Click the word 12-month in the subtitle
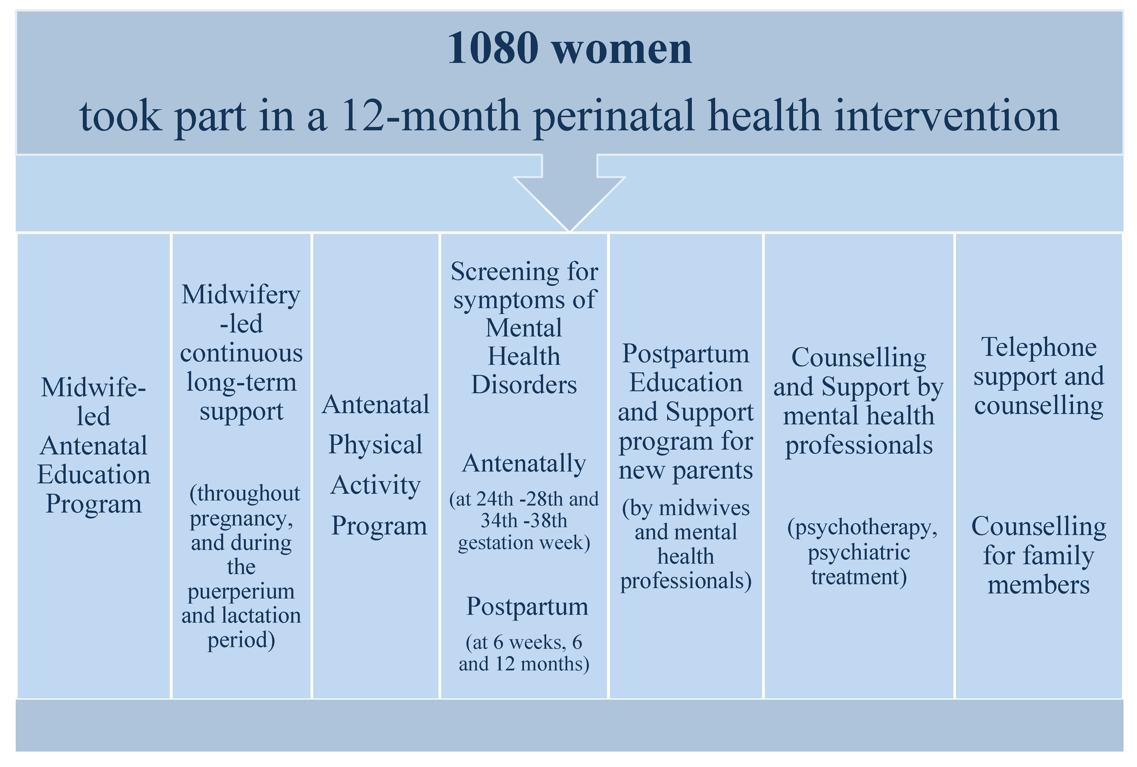[430, 116]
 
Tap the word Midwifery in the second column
[241, 295]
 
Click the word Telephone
[1039, 347]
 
